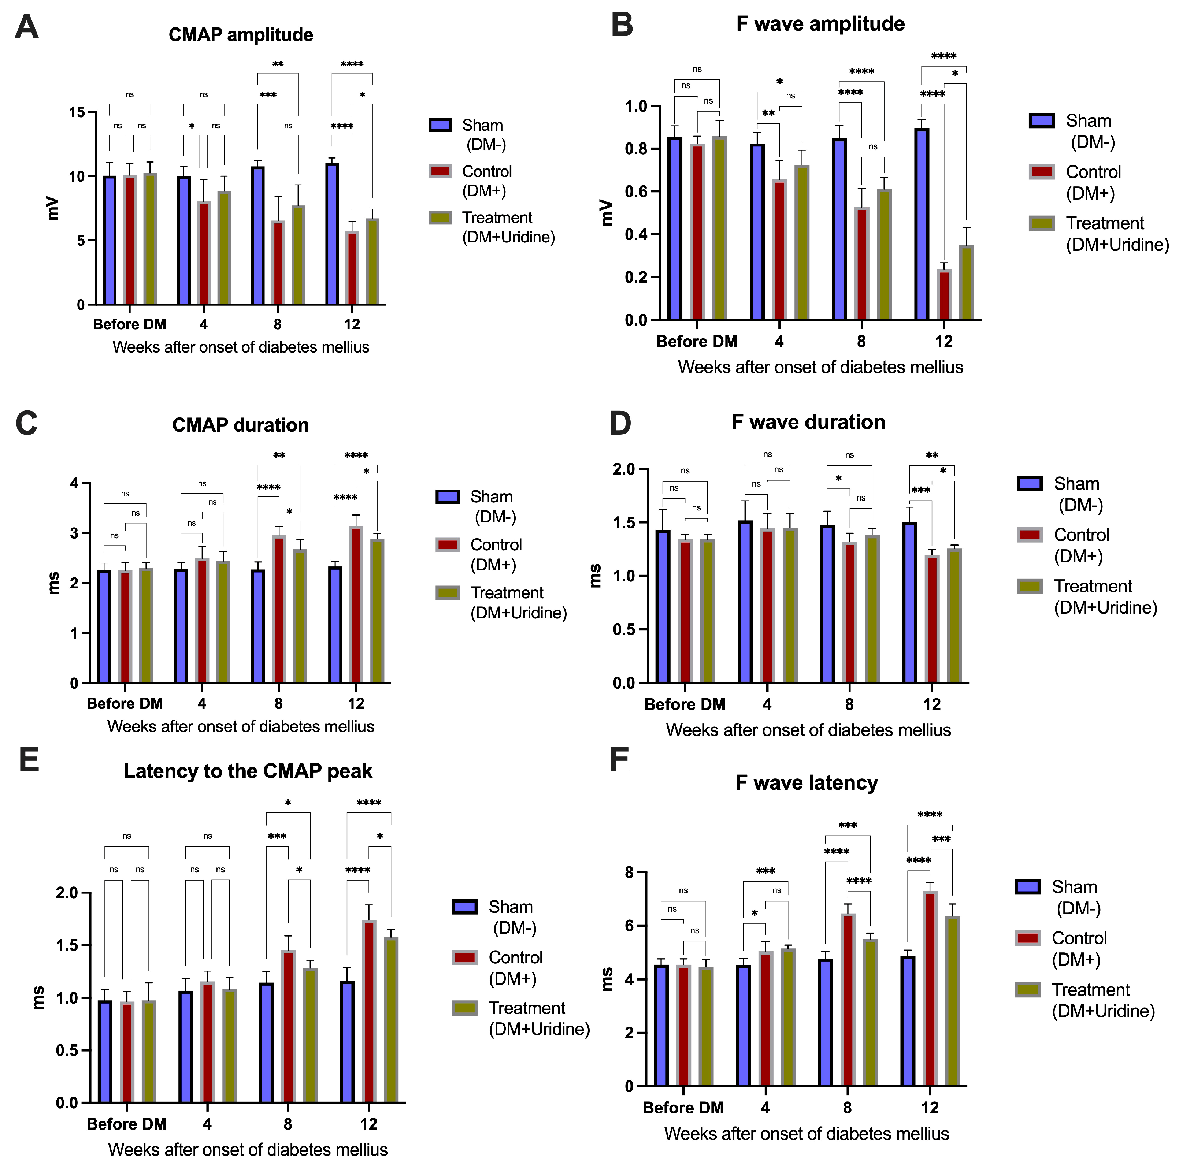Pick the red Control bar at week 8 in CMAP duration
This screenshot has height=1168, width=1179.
point(279,609)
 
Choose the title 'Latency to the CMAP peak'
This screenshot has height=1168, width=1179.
point(248,771)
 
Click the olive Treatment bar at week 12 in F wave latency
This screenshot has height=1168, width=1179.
point(953,1001)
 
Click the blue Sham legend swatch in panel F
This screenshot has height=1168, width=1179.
point(1028,887)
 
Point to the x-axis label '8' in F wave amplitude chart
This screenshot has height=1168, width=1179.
point(861,342)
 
